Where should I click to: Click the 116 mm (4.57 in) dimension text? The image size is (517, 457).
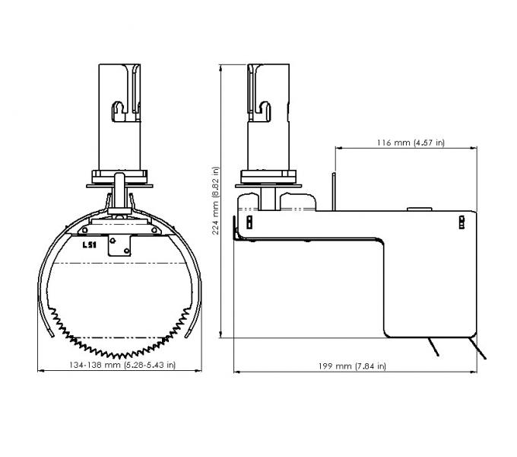pos(411,142)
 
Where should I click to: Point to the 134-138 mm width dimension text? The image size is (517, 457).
pos(122,365)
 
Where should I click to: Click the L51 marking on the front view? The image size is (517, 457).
pos(90,244)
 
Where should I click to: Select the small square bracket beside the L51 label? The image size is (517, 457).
pos(119,245)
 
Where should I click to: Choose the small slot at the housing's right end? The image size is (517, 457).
pos(461,221)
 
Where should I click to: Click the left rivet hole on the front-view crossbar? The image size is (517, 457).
pos(90,230)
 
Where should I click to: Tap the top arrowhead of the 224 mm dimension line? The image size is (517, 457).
pos(221,66)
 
